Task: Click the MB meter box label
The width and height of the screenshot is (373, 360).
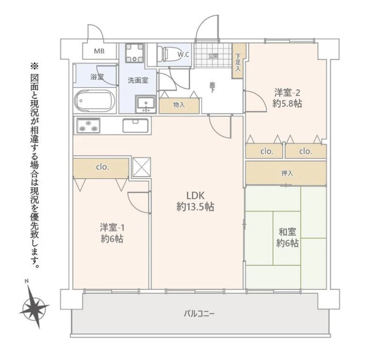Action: [99, 51]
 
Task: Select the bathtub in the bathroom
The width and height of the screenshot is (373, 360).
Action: [95, 101]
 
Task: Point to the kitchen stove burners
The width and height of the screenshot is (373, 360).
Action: [88, 125]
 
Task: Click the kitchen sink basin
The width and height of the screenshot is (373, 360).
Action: [135, 125]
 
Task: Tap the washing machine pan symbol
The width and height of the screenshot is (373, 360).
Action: [135, 53]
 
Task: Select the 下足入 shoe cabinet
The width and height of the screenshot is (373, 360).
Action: [238, 61]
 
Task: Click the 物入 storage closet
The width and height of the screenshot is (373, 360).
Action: [179, 105]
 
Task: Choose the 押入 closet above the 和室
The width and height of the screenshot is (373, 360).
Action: [286, 173]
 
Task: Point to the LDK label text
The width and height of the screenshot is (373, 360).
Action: [195, 195]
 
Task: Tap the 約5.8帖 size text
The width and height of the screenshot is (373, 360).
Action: [287, 104]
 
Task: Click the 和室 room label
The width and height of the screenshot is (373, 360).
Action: [287, 232]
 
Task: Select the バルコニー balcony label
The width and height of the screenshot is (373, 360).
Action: [200, 314]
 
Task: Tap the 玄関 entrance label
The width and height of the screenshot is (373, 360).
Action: [213, 56]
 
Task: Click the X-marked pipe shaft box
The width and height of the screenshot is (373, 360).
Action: [142, 167]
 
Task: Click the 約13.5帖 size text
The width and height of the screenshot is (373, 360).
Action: [195, 207]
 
